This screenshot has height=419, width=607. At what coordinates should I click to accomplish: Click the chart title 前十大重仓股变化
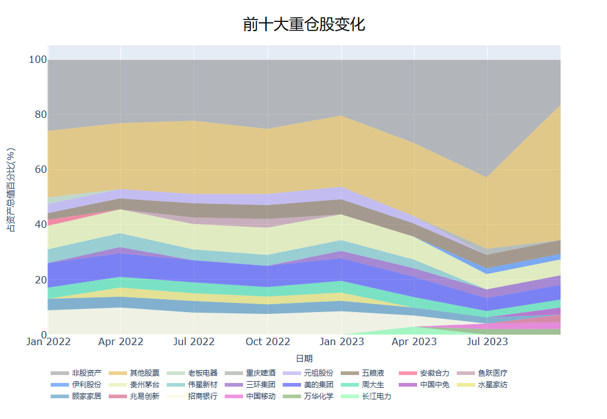(303, 25)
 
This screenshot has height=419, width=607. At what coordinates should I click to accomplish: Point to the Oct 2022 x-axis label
(267, 341)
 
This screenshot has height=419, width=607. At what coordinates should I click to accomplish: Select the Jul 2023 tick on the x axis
(487, 341)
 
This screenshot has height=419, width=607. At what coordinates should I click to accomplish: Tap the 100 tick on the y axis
(38, 60)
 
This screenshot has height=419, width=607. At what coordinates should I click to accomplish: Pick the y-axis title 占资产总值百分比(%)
(12, 190)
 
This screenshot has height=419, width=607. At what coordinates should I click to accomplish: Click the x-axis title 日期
(304, 359)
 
